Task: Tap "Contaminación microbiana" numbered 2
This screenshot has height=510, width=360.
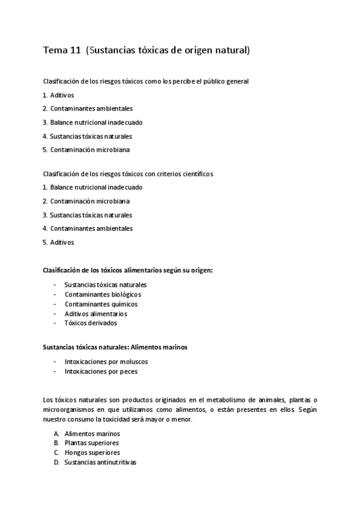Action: click(90, 201)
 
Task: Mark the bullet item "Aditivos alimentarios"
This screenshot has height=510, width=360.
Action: click(96, 313)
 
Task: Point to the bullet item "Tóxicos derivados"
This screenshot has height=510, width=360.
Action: click(90, 322)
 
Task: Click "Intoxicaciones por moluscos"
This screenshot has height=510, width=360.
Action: click(106, 361)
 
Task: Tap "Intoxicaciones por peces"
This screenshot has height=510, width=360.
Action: click(100, 371)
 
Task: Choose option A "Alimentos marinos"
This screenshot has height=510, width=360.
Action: click(92, 433)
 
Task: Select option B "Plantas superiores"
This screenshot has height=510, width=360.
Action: click(91, 443)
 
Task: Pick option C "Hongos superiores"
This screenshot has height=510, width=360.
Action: click(92, 452)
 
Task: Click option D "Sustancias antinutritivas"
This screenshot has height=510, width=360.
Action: click(100, 462)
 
